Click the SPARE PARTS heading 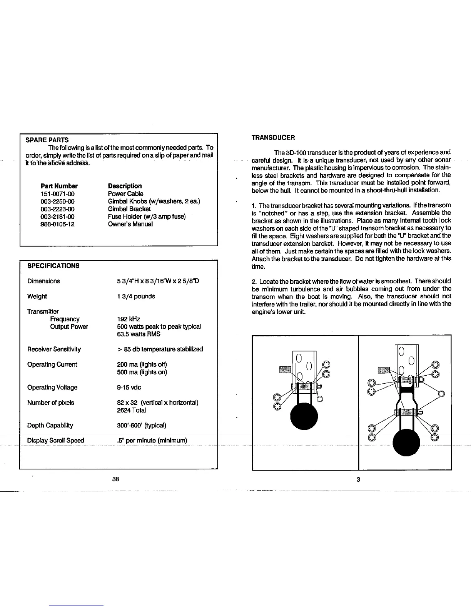pyautogui.click(x=47, y=140)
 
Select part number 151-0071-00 pyautogui.click(x=57, y=194)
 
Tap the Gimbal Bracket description pyautogui.click(x=129, y=209)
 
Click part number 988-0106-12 pyautogui.click(x=57, y=224)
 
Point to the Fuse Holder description pyautogui.click(x=147, y=216)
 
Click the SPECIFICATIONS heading pyautogui.click(x=53, y=266)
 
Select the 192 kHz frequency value pyautogui.click(x=129, y=319)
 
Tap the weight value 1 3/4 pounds pyautogui.click(x=136, y=296)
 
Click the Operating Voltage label pyautogui.click(x=52, y=388)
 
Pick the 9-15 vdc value pyautogui.click(x=129, y=388)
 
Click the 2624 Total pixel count pyautogui.click(x=131, y=410)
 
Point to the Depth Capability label pyautogui.click(x=50, y=425)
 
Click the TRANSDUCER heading pyautogui.click(x=273, y=138)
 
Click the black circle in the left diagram pyautogui.click(x=304, y=416)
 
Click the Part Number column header pyautogui.click(x=59, y=186)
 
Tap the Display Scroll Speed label pyautogui.click(x=56, y=441)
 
